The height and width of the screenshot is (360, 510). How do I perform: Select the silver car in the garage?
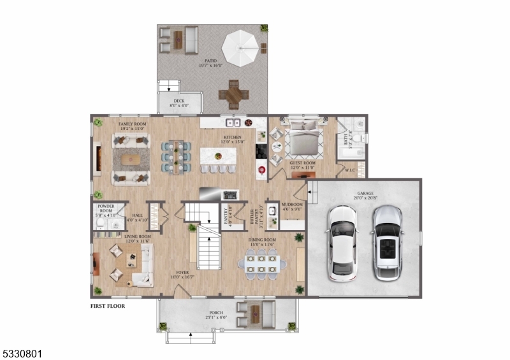pyautogui.click(x=386, y=243)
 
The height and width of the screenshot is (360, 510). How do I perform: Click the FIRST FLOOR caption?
pyautogui.click(x=107, y=306)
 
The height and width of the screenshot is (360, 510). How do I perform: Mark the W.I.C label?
pyautogui.click(x=350, y=170)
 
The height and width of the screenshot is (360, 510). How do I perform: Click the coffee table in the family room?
pyautogui.click(x=131, y=159)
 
